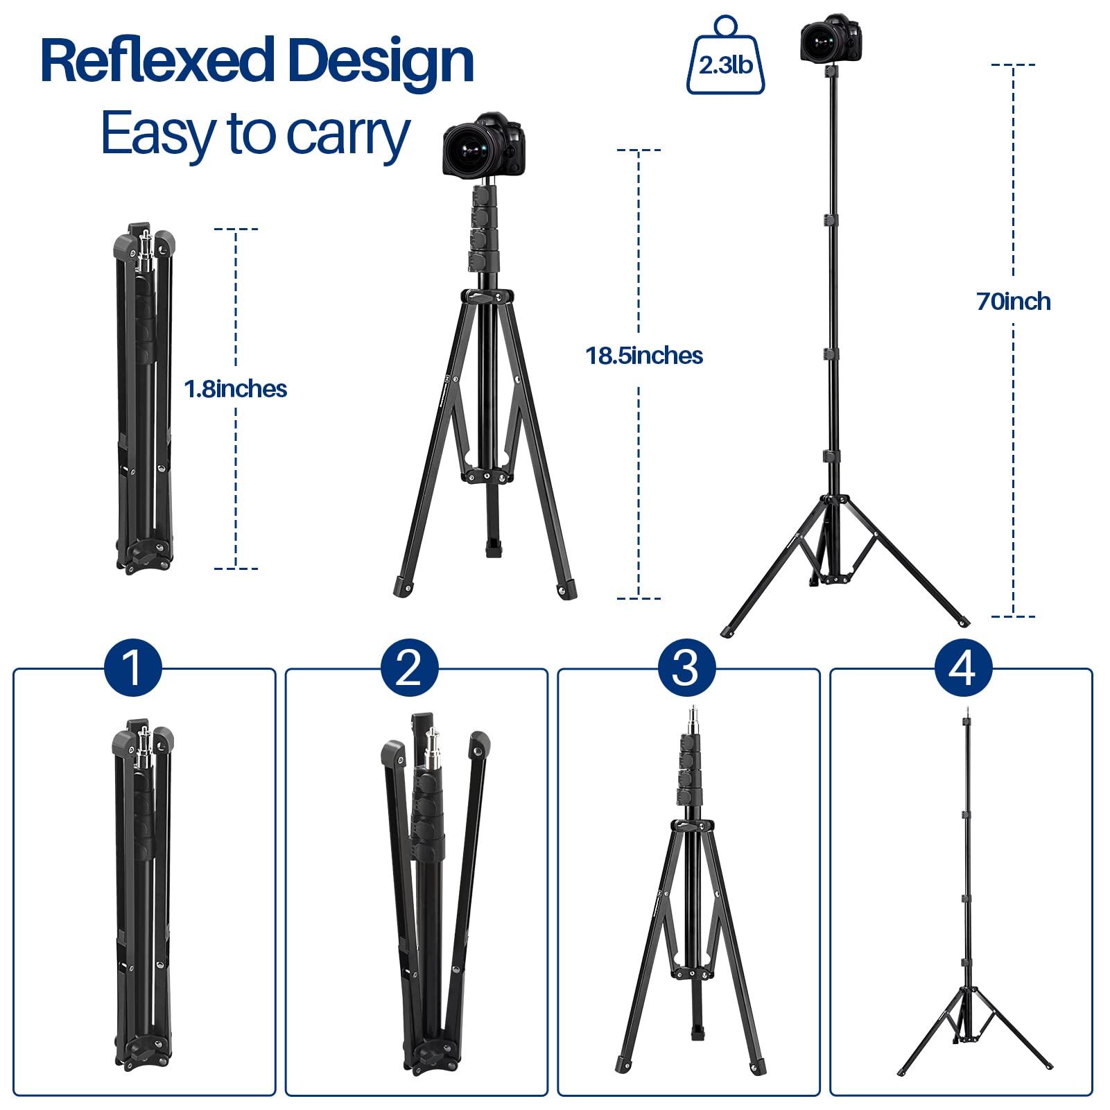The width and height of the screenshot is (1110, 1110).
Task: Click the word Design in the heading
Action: tap(380, 62)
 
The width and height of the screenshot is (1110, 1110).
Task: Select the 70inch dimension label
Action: tap(1013, 302)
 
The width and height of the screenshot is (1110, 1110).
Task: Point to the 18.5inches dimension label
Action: tap(644, 356)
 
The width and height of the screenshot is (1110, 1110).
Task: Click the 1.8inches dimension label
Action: tap(236, 389)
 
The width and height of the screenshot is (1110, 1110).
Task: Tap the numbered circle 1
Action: tap(132, 668)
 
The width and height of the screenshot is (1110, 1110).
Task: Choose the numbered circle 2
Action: tap(409, 668)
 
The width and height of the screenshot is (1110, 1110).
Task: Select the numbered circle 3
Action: tap(686, 668)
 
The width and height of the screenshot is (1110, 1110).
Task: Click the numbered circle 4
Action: tap(963, 668)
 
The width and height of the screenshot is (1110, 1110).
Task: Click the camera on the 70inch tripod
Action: tap(831, 40)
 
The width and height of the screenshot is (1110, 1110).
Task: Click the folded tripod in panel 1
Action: tap(143, 894)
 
